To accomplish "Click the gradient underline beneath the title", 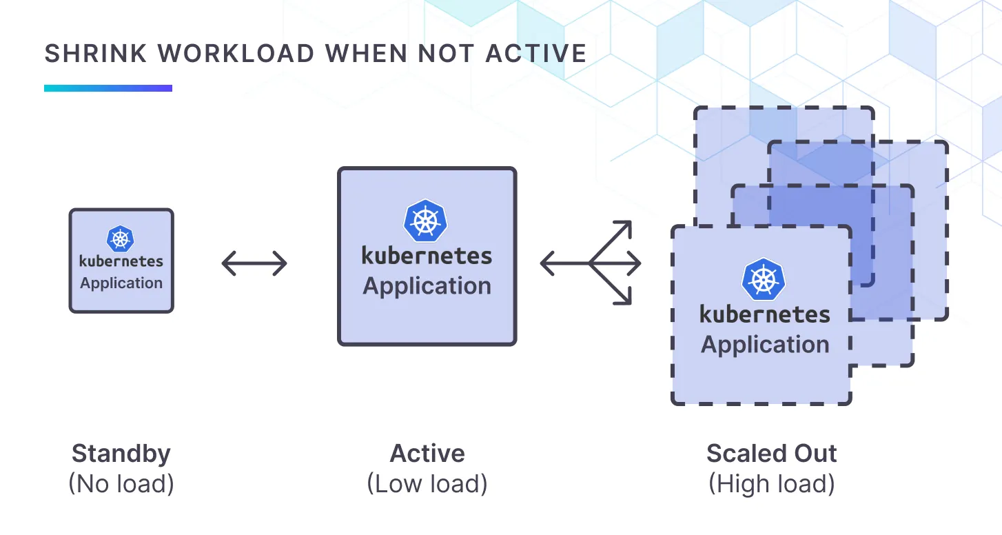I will pyautogui.click(x=108, y=88).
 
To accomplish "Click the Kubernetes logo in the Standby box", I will pyautogui.click(x=121, y=239).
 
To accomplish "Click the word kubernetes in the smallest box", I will pyautogui.click(x=121, y=261).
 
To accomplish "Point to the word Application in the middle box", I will pyautogui.click(x=427, y=286).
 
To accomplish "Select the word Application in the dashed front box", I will pyautogui.click(x=765, y=345).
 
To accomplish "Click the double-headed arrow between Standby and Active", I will pyautogui.click(x=254, y=263).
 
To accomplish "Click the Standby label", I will pyautogui.click(x=121, y=454).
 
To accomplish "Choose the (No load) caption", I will pyautogui.click(x=121, y=484).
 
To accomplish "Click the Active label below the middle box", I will pyautogui.click(x=427, y=454).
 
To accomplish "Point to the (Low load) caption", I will pyautogui.click(x=427, y=484).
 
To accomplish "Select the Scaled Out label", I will pyautogui.click(x=772, y=454).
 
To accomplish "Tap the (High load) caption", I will pyautogui.click(x=772, y=484).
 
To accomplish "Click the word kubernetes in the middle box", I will pyautogui.click(x=427, y=256).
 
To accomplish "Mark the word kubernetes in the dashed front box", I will pyautogui.click(x=765, y=315).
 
